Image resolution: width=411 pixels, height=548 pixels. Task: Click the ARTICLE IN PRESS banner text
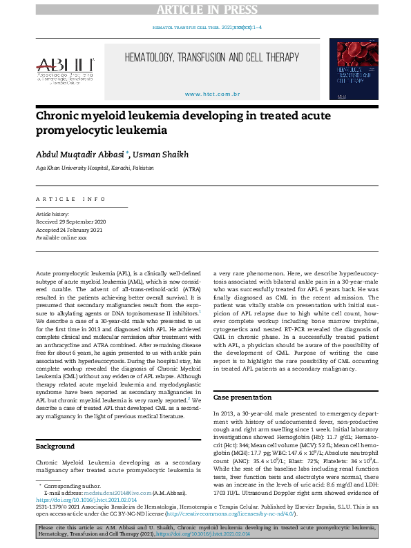point(205,9)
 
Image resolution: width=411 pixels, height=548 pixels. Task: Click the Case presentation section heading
point(242,398)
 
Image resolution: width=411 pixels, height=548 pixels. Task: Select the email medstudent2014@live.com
point(111,493)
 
